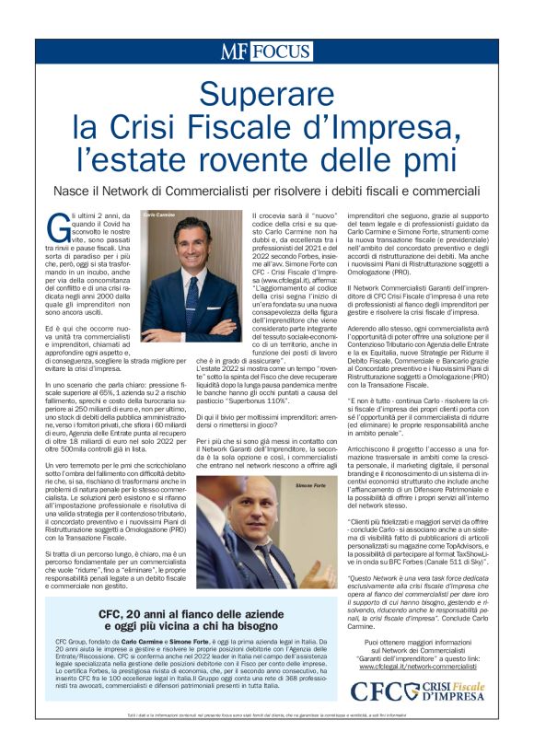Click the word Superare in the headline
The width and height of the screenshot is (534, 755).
coord(266,93)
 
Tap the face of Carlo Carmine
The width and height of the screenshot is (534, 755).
coord(192,245)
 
